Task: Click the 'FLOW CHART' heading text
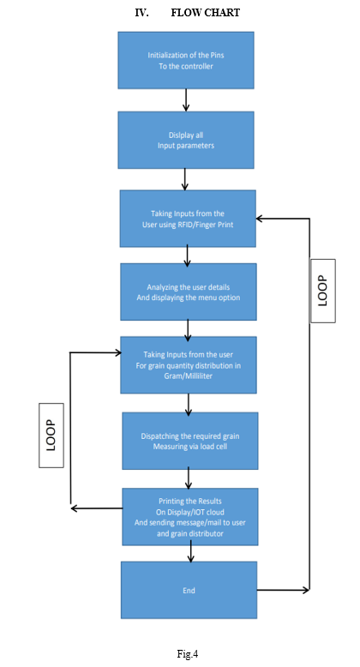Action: click(205, 13)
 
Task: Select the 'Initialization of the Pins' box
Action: click(186, 60)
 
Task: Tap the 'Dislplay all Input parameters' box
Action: click(186, 140)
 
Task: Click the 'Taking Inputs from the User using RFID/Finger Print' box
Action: click(188, 219)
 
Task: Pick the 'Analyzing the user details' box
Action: click(188, 291)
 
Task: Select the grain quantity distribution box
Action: click(188, 365)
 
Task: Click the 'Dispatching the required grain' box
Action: click(189, 441)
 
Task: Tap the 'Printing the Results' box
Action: click(189, 517)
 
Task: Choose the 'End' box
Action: click(189, 590)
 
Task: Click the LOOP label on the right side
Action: click(323, 291)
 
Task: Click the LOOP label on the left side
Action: click(51, 436)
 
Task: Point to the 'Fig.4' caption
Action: click(188, 654)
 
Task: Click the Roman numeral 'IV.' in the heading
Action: click(141, 13)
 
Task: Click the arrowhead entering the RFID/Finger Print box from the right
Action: click(259, 219)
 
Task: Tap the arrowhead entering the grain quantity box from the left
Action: click(117, 352)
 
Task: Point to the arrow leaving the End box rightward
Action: click(283, 590)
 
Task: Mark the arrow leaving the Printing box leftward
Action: click(97, 508)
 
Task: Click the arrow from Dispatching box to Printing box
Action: click(189, 479)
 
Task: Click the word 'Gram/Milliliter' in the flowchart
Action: click(188, 376)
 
